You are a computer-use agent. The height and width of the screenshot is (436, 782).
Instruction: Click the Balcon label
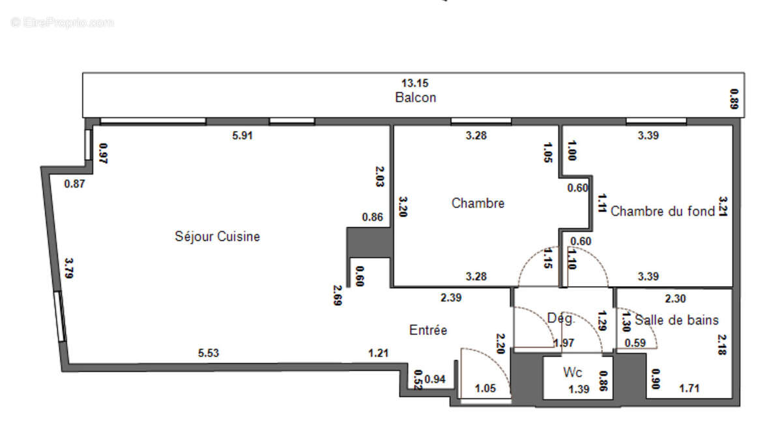[x=415, y=98]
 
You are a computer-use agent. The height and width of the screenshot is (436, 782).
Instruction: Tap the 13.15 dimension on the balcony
[x=415, y=83]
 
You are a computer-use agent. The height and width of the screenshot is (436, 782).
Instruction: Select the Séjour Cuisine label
[x=217, y=237]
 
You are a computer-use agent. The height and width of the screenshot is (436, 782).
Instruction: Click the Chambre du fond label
[x=662, y=211]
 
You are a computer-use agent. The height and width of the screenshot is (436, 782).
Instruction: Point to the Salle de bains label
[x=676, y=320]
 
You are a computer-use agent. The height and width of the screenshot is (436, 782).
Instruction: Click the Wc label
[x=573, y=373]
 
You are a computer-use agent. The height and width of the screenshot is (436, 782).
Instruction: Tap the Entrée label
[x=428, y=330]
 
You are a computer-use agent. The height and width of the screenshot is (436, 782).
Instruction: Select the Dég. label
[x=561, y=319]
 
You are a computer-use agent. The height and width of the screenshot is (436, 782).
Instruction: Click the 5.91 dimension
[x=242, y=136]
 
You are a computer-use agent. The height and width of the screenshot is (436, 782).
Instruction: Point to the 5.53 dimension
[x=209, y=353]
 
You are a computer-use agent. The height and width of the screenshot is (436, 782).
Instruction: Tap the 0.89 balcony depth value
[x=735, y=99]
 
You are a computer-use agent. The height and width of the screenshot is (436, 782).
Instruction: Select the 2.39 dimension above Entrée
[x=451, y=298]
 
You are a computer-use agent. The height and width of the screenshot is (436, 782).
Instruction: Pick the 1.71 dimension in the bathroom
[x=690, y=389]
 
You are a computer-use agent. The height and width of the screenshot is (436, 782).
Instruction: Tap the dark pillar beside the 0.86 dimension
[x=369, y=241]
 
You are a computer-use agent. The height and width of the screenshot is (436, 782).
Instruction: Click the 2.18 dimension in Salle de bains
[x=722, y=344]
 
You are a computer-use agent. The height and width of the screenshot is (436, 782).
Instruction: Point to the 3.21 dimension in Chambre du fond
[x=722, y=207]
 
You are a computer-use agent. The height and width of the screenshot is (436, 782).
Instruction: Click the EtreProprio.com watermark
[x=63, y=23]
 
